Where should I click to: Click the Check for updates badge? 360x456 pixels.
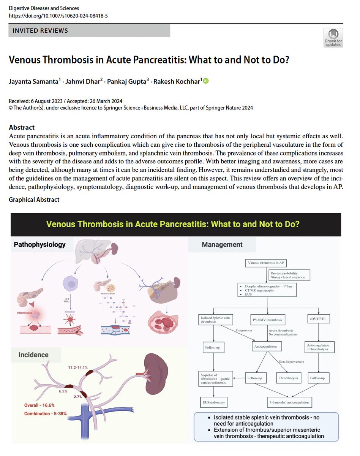point(333,38)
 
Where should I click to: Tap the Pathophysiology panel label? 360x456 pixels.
point(39,244)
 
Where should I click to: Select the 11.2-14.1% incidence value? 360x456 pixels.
point(78,367)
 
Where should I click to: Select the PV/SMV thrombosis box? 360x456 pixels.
point(268,320)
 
